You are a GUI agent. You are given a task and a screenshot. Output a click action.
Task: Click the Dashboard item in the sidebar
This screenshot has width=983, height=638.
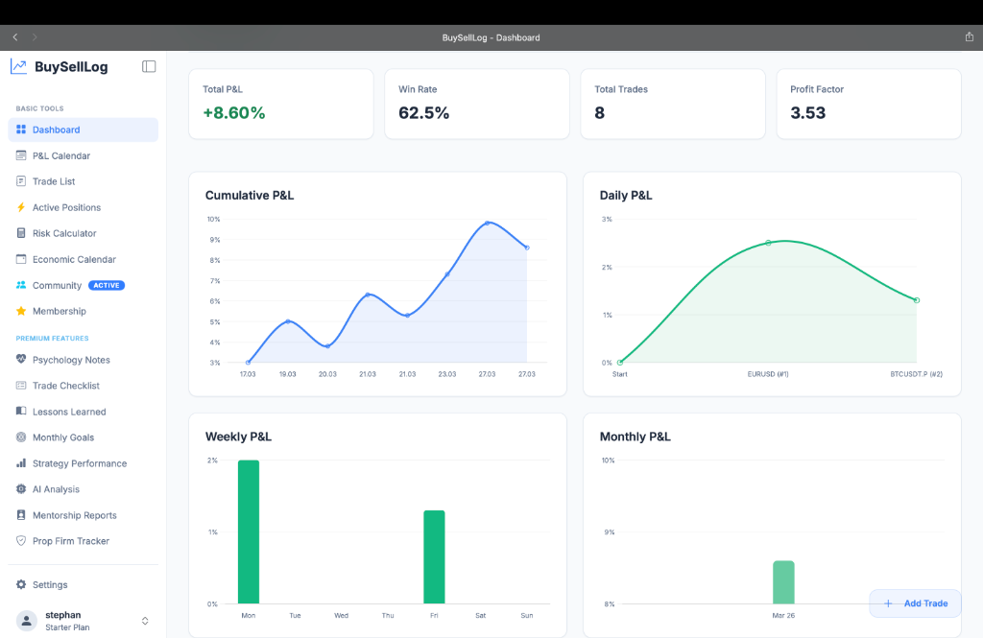pos(56,130)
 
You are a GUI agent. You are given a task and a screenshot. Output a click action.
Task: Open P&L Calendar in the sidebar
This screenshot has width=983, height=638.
pos(60,155)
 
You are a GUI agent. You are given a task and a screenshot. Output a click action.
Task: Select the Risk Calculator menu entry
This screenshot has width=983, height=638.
pos(64,233)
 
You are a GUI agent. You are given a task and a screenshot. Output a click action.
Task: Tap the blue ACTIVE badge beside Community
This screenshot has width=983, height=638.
pos(107,285)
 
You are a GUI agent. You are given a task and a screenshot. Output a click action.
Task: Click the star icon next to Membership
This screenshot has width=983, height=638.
pos(21,311)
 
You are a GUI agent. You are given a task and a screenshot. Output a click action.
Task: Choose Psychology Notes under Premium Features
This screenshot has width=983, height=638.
pos(71,360)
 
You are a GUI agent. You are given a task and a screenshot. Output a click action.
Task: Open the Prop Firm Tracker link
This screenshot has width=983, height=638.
pos(70,541)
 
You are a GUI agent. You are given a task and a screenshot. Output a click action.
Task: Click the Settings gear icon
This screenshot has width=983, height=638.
pos(21,584)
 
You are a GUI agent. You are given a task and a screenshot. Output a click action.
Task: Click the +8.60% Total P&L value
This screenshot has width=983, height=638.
pos(233,112)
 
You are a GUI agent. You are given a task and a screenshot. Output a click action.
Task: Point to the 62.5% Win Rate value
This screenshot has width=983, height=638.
pos(423,112)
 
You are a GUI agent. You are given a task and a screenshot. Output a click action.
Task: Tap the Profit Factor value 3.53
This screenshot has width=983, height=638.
pos(807,112)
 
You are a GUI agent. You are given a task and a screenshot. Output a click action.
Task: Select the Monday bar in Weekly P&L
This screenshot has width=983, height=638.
pos(249,532)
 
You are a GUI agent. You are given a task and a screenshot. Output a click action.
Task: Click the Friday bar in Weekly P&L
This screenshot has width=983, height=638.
pos(434,556)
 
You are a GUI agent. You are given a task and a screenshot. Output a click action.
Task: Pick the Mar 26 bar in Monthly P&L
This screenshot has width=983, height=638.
pos(783,582)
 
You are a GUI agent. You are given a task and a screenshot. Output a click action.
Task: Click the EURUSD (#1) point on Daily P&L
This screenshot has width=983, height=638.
pos(768,243)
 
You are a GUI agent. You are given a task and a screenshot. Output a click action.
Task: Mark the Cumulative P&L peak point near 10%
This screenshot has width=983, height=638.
pos(488,224)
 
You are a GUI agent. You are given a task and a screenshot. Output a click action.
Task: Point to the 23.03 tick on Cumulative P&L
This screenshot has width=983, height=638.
pos(446,374)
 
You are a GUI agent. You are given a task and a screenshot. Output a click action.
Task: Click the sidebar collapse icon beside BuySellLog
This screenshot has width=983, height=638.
pos(149,66)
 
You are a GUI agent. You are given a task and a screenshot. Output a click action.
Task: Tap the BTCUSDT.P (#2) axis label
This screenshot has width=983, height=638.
pos(916,374)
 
